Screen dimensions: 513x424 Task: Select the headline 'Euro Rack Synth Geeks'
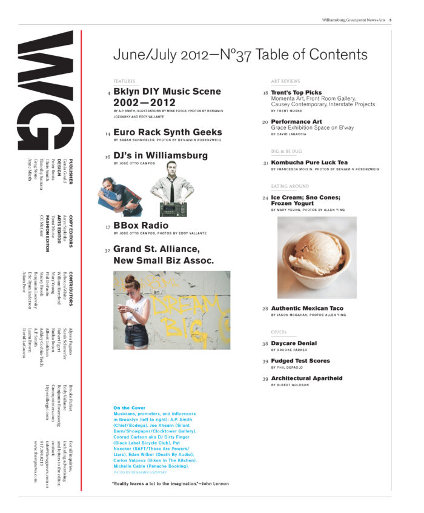click(159, 132)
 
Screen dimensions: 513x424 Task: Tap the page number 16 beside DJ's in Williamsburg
click(107, 156)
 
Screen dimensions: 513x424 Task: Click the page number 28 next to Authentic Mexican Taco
click(265, 309)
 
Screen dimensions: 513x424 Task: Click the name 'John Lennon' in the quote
click(213, 483)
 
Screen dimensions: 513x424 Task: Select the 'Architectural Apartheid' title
click(306, 378)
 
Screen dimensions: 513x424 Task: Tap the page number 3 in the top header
click(389, 19)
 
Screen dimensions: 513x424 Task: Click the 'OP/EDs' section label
click(280, 332)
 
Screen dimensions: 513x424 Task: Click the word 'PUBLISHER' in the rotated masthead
click(71, 172)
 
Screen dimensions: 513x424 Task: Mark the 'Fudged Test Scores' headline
click(300, 361)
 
